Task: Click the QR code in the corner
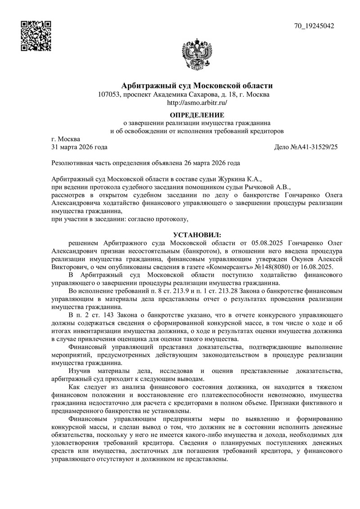click(36, 36)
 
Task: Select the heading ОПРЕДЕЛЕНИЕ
click(197, 115)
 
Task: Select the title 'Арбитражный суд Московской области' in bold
click(197, 86)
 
